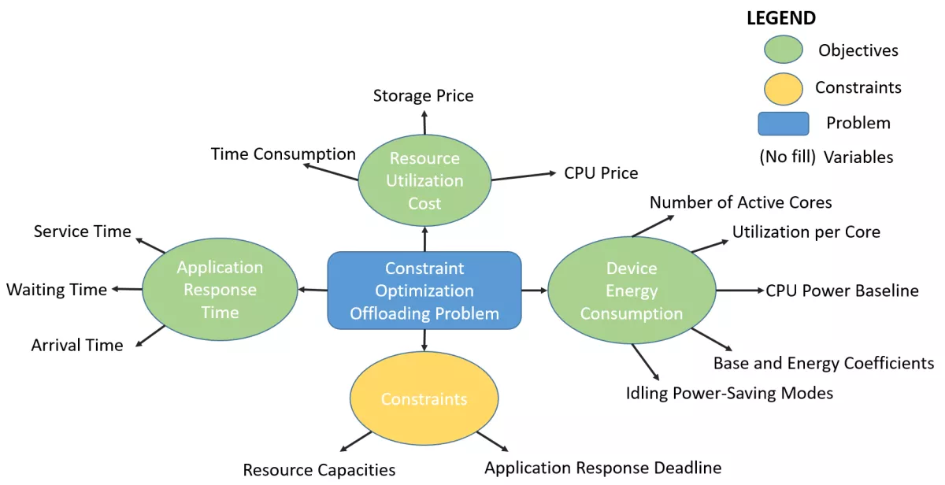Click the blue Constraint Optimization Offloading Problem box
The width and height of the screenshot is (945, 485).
coord(424,291)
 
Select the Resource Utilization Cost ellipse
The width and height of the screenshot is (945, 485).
coord(424,180)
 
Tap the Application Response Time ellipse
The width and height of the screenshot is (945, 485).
coord(220,290)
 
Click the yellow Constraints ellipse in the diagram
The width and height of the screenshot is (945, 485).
coord(424,399)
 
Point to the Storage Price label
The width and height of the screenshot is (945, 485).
coord(423,96)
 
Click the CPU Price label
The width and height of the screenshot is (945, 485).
coord(601,172)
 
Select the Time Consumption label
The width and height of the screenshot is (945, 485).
coord(283,154)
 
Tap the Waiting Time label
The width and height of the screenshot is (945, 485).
coord(57,290)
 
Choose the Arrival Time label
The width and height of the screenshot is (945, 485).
coord(77,345)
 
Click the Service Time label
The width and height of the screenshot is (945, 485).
coord(82,231)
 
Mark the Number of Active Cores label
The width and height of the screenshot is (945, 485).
coord(740,202)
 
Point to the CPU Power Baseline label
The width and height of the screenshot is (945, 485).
coord(842,291)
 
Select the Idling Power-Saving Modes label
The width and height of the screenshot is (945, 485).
coord(729,392)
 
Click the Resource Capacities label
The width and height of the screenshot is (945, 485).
coord(319,470)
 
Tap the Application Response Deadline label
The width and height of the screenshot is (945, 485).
coord(602,468)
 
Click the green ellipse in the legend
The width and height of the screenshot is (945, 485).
coord(783,50)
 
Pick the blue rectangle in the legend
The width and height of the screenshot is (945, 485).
coord(783,124)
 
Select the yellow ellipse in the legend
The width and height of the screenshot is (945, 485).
coord(783,88)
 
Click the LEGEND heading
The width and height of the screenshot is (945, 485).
coord(781,18)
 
